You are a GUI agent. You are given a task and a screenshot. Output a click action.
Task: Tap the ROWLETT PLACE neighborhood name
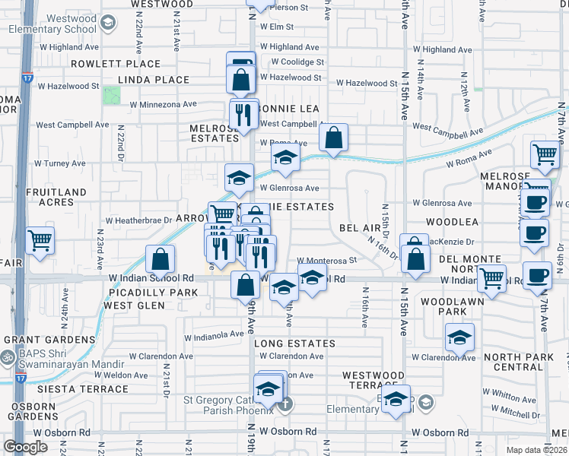[116, 64]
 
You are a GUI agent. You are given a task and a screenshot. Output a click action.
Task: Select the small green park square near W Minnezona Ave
[112, 95]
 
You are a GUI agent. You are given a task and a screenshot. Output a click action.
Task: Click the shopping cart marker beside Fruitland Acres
[40, 240]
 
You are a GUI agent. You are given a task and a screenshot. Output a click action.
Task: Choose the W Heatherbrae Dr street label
[139, 220]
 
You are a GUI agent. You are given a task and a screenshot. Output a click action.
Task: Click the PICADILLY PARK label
[142, 292]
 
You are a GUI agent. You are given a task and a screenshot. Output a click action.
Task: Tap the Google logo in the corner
[25, 447]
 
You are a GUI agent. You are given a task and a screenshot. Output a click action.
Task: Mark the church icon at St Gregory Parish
[284, 404]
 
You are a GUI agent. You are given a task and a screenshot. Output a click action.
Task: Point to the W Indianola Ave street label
[215, 334]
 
